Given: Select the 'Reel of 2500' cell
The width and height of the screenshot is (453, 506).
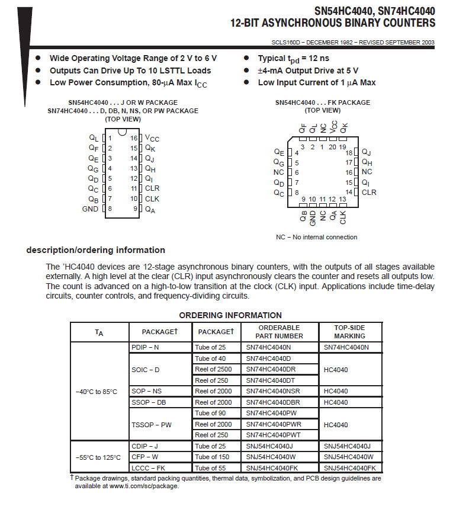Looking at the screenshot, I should [213, 369].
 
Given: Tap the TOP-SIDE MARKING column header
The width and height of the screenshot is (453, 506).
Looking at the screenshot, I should [349, 332].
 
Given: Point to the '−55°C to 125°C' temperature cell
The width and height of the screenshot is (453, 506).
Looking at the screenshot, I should [98, 457].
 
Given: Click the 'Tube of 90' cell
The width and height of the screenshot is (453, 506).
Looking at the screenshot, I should [210, 413].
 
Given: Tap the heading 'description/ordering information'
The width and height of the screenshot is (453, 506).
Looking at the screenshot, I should [95, 250].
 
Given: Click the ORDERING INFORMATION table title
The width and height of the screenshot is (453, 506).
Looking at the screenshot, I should [230, 315].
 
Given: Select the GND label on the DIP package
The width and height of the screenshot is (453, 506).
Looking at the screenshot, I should [90, 209].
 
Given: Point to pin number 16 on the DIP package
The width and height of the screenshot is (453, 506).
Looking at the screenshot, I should [134, 138].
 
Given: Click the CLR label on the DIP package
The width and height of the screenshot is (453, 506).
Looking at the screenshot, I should [152, 188].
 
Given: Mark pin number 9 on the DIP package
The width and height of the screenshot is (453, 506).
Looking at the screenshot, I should [135, 209].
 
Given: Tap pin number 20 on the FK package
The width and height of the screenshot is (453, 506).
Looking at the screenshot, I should [332, 147].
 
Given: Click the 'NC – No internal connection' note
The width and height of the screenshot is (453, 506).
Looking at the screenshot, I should [316, 237].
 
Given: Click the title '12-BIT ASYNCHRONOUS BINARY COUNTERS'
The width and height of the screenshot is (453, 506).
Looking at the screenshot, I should [332, 23].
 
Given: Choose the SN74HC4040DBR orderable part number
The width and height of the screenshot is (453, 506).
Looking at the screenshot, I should [272, 402].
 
